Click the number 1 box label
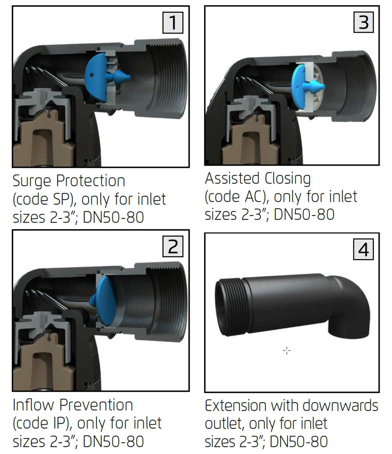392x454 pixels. [173, 23]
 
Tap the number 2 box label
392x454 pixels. [173, 246]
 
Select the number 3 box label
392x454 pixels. [364, 22]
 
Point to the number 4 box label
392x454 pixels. [364, 250]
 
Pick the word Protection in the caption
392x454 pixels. [91, 181]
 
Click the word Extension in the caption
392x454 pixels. [236, 405]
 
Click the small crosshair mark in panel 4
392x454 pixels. [287, 350]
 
